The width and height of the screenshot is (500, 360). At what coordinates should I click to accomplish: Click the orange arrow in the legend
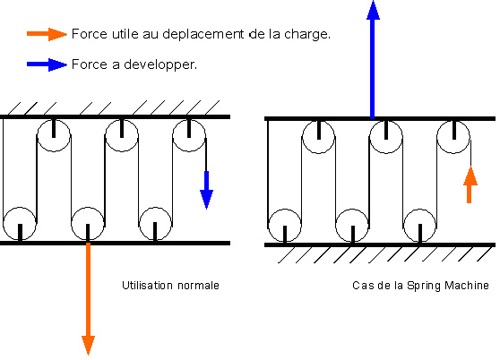click(x=47, y=34)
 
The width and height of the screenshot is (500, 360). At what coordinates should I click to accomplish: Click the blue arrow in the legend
click(x=47, y=64)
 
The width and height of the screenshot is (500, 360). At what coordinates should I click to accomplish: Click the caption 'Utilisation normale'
click(x=170, y=285)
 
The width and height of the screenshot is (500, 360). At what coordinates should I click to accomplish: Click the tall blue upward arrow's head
click(x=373, y=10)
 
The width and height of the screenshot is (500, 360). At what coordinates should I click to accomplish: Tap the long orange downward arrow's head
click(x=89, y=345)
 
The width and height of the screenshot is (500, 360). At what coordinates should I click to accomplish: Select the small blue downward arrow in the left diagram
click(x=206, y=190)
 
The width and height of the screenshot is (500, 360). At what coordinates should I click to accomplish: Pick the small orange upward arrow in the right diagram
click(x=470, y=184)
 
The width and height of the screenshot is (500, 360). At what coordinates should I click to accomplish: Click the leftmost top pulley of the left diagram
click(x=54, y=135)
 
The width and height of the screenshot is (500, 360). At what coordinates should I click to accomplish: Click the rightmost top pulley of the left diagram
click(x=189, y=135)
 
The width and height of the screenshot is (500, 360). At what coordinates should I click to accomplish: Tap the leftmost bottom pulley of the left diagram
click(x=20, y=224)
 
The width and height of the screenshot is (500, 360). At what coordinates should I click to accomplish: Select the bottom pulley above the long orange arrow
click(x=88, y=224)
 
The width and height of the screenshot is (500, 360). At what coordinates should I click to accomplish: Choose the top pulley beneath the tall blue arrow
click(x=386, y=137)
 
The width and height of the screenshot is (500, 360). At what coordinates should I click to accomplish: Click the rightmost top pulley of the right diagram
click(x=453, y=137)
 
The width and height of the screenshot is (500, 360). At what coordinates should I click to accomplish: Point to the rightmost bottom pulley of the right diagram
click(x=419, y=226)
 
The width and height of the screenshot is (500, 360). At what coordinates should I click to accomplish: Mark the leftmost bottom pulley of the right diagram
click(x=284, y=226)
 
